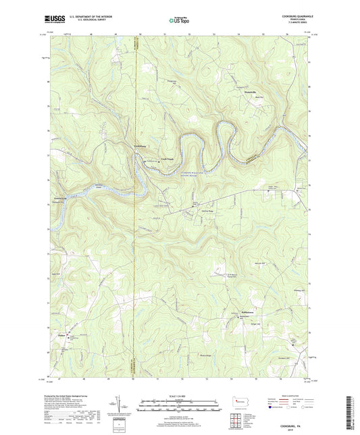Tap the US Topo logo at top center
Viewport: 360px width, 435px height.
pos(177,21)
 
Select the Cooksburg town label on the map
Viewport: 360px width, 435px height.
pos(140,147)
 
